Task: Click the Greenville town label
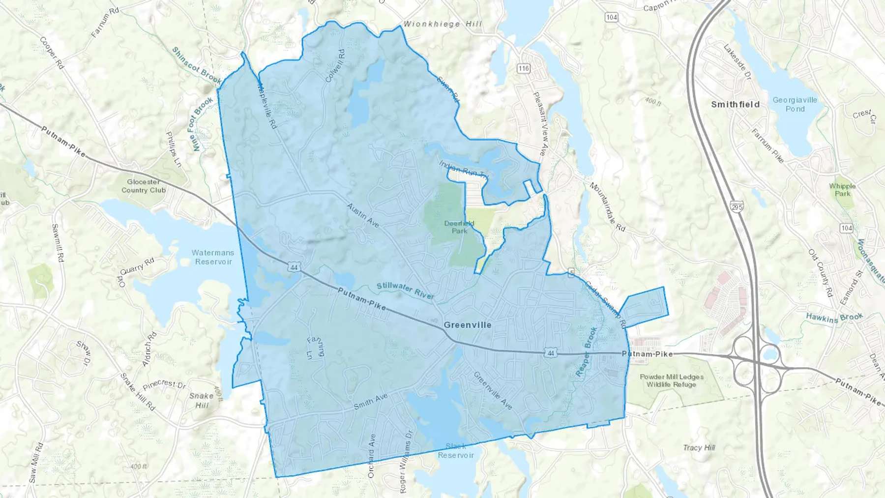[467, 325]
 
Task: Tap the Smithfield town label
[735, 104]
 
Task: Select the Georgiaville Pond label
[795, 104]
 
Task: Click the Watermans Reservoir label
[213, 257]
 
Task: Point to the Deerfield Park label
[459, 227]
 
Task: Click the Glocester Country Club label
[143, 186]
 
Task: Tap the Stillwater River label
[405, 291]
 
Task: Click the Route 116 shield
[523, 68]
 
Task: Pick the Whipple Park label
[842, 190]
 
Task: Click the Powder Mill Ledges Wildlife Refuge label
[671, 381]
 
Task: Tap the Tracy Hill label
[699, 447]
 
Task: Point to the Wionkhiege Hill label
[442, 24]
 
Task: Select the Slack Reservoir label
[456, 451]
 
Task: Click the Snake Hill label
[202, 400]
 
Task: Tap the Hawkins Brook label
[834, 318]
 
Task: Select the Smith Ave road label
[370, 402]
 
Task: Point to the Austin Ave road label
[363, 215]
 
